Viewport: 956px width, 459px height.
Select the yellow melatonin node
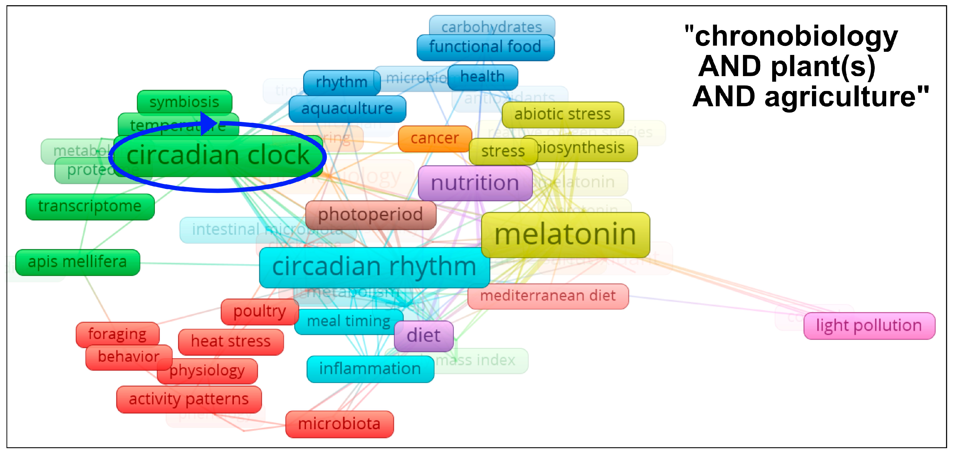[565, 235]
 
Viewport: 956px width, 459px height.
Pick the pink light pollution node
[869, 326]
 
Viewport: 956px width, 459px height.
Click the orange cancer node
[435, 139]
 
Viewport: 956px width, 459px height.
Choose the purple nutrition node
[475, 183]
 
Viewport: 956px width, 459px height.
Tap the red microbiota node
[339, 424]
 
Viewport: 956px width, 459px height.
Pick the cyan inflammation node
[370, 369]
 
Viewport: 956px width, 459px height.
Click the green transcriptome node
[90, 207]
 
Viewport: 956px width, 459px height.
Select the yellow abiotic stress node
[562, 115]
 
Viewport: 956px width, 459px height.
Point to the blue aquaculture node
[347, 109]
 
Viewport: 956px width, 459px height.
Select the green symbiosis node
[184, 102]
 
